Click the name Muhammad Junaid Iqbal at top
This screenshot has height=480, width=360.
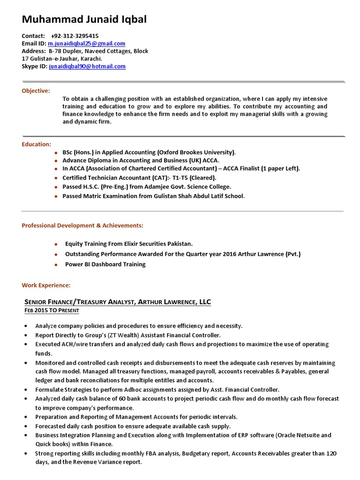(x=84, y=19)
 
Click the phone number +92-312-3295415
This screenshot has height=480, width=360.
(x=75, y=36)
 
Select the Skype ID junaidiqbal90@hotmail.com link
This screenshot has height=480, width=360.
(x=87, y=66)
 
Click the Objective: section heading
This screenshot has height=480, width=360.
(x=36, y=90)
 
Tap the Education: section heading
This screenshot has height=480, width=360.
(x=36, y=144)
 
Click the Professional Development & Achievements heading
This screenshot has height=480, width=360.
(x=82, y=225)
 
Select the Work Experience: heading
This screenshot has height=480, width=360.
(x=46, y=285)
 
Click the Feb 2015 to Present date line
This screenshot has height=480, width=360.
(x=52, y=311)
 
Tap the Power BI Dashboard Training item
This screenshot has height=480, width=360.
(x=105, y=264)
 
